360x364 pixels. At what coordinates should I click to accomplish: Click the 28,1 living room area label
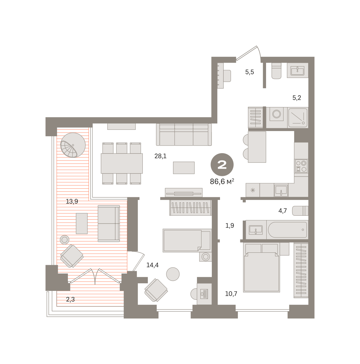tap(160, 156)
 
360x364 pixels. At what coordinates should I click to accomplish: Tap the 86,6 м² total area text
tap(222, 181)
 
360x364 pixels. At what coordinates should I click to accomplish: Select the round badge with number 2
tap(222, 165)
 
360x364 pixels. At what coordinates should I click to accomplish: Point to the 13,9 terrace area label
tap(72, 201)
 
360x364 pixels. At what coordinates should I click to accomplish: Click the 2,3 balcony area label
tap(70, 299)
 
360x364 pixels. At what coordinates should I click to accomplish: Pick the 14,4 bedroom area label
tap(152, 265)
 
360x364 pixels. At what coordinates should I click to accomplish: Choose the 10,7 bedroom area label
tap(231, 294)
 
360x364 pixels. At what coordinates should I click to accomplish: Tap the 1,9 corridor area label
tap(230, 225)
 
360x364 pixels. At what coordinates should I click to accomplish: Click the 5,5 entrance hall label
tap(249, 72)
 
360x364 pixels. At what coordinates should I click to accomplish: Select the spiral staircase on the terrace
tap(73, 145)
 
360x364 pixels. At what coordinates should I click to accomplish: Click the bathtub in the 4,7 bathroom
tap(287, 230)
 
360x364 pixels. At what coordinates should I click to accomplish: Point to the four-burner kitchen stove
tap(301, 166)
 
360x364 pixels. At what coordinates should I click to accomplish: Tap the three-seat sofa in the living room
tap(184, 134)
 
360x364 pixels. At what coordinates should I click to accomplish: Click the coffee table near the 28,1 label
tap(184, 168)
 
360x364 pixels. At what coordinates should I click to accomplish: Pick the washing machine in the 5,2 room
tap(276, 114)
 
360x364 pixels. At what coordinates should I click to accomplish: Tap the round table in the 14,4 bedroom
tap(172, 274)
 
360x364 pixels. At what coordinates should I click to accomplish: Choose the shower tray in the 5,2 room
tap(298, 117)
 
